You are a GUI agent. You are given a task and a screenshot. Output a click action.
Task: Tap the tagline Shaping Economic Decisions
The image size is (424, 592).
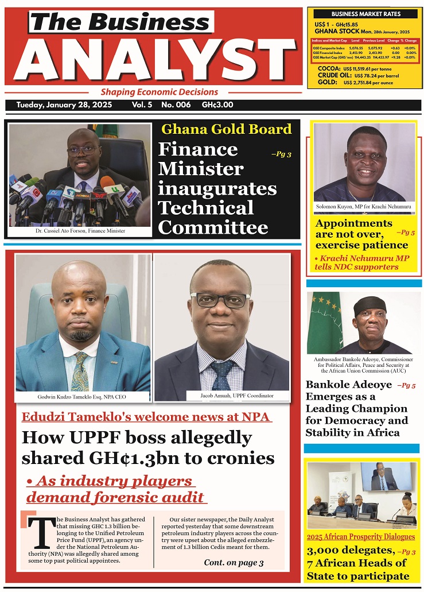(159, 92)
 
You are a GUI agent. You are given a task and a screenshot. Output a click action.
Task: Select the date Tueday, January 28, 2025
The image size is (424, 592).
(64, 105)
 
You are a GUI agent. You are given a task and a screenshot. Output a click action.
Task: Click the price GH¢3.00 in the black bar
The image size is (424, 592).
(217, 105)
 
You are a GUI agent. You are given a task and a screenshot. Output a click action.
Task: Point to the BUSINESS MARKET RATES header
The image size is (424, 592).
(366, 14)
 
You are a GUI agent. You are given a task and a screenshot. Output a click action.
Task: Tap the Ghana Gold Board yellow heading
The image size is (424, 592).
(226, 129)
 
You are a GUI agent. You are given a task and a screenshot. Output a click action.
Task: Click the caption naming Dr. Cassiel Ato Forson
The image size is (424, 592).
(80, 231)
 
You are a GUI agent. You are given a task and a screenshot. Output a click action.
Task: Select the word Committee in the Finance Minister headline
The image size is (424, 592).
(213, 227)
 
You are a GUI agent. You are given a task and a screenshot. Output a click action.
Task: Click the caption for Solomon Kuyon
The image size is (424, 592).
(363, 206)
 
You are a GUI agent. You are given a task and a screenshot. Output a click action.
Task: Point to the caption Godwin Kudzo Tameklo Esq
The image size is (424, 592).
(84, 397)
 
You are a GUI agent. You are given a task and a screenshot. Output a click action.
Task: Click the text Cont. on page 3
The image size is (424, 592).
(234, 562)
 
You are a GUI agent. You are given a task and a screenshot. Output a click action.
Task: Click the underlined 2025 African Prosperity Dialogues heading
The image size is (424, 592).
(360, 537)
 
